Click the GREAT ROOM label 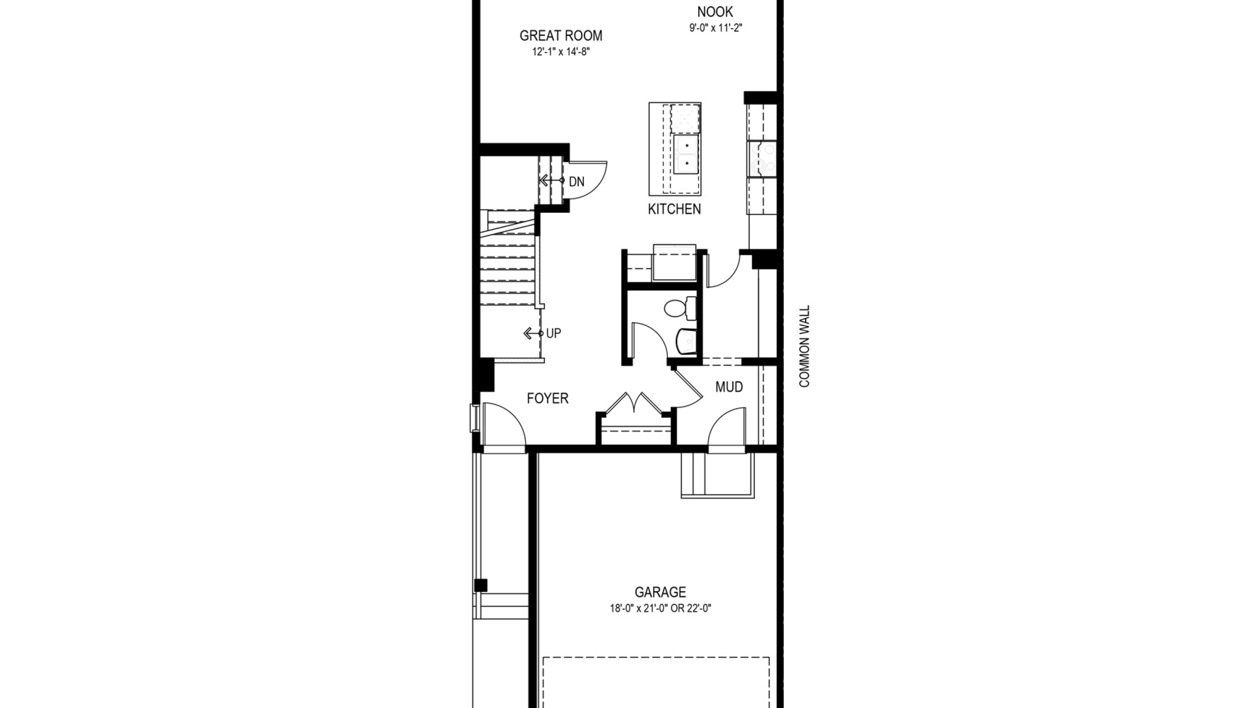pyautogui.click(x=561, y=35)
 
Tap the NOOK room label pyautogui.click(x=715, y=11)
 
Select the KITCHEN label pyautogui.click(x=674, y=209)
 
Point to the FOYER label pyautogui.click(x=547, y=398)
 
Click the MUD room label pyautogui.click(x=729, y=387)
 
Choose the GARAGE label pyautogui.click(x=660, y=592)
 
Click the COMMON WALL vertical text pyautogui.click(x=804, y=346)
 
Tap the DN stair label pyautogui.click(x=576, y=182)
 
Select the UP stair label pyautogui.click(x=553, y=333)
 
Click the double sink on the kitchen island pyautogui.click(x=686, y=154)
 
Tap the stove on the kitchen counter pyautogui.click(x=762, y=159)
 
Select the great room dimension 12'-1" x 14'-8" pyautogui.click(x=561, y=52)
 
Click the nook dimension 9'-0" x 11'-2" pyautogui.click(x=715, y=28)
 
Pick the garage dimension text pyautogui.click(x=660, y=608)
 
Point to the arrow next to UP pyautogui.click(x=533, y=334)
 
